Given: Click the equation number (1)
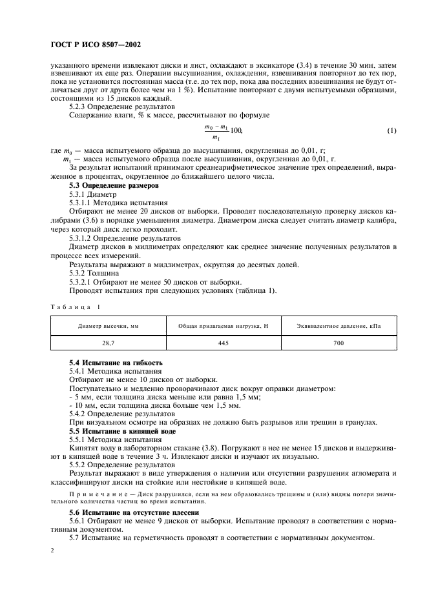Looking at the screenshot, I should click(x=391, y=131).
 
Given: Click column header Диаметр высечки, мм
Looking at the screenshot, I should click(x=108, y=326).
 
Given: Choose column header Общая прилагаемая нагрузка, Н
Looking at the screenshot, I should click(x=223, y=326).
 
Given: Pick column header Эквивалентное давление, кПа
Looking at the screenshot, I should click(x=338, y=326).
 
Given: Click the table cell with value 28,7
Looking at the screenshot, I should click(x=108, y=343).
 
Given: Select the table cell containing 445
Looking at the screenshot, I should click(x=224, y=343).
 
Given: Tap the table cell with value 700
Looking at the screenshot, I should click(x=338, y=343).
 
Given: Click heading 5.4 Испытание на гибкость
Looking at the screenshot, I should click(x=116, y=363).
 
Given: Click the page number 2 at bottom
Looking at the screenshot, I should click(x=52, y=552).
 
